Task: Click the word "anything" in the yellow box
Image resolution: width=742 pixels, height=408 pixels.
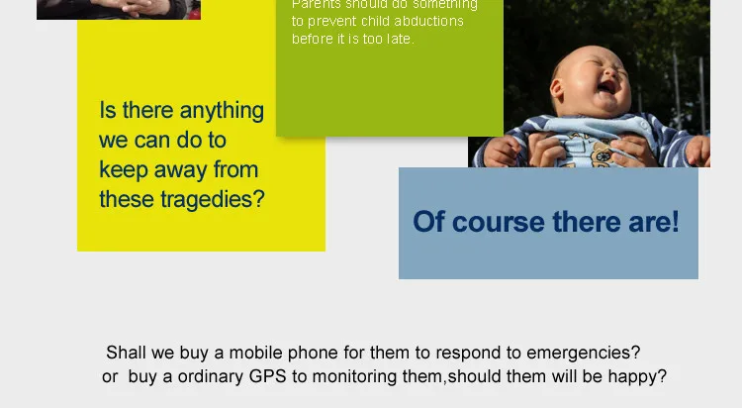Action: click(x=220, y=111)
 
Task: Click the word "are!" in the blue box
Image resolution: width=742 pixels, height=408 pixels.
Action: click(x=654, y=222)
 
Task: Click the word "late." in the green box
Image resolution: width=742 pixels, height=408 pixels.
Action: click(x=397, y=40)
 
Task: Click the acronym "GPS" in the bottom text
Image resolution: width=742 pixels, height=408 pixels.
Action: click(x=269, y=377)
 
